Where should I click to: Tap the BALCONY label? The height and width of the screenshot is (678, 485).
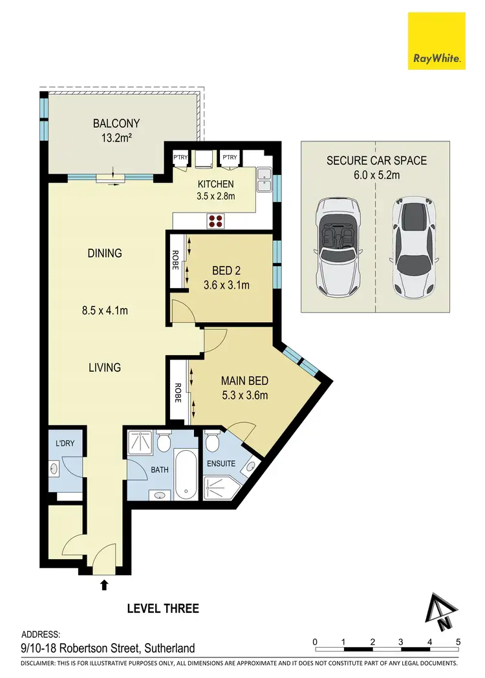(x=116, y=123)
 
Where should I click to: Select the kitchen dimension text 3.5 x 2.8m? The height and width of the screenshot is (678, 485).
(x=216, y=196)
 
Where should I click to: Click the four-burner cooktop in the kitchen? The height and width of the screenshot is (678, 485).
(x=215, y=221)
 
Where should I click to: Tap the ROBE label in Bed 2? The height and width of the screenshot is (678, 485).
(x=175, y=262)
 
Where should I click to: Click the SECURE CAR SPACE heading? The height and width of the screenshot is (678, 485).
(x=376, y=160)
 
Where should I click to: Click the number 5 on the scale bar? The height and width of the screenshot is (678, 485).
(x=458, y=641)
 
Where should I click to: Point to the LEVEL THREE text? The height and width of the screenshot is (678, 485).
(x=163, y=608)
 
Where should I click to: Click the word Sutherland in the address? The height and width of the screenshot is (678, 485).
(x=166, y=648)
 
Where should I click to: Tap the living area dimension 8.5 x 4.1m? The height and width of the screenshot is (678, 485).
(x=105, y=311)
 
